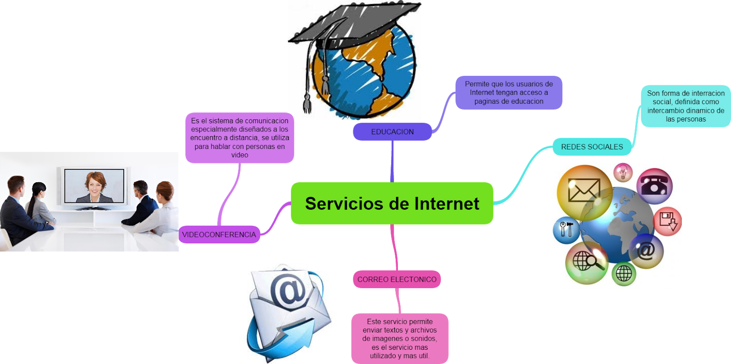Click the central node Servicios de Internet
pyautogui.click(x=392, y=203)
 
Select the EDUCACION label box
pyautogui.click(x=392, y=132)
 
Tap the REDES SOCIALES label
pyautogui.click(x=592, y=147)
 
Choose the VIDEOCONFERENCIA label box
pyautogui.click(x=219, y=234)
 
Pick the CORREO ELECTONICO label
pyautogui.click(x=397, y=279)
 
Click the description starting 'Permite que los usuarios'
pyautogui.click(x=509, y=92)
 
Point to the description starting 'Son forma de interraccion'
pyautogui.click(x=685, y=106)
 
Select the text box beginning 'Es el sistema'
pyautogui.click(x=239, y=137)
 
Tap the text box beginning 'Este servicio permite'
pyautogui.click(x=399, y=338)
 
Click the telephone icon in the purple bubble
pyautogui.click(x=654, y=185)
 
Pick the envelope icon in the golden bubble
pyautogui.click(x=583, y=191)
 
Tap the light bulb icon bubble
pyautogui.click(x=622, y=173)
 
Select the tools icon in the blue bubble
pyautogui.click(x=566, y=230)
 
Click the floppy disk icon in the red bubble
pyautogui.click(x=667, y=222)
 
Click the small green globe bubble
pyautogui.click(x=623, y=274)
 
